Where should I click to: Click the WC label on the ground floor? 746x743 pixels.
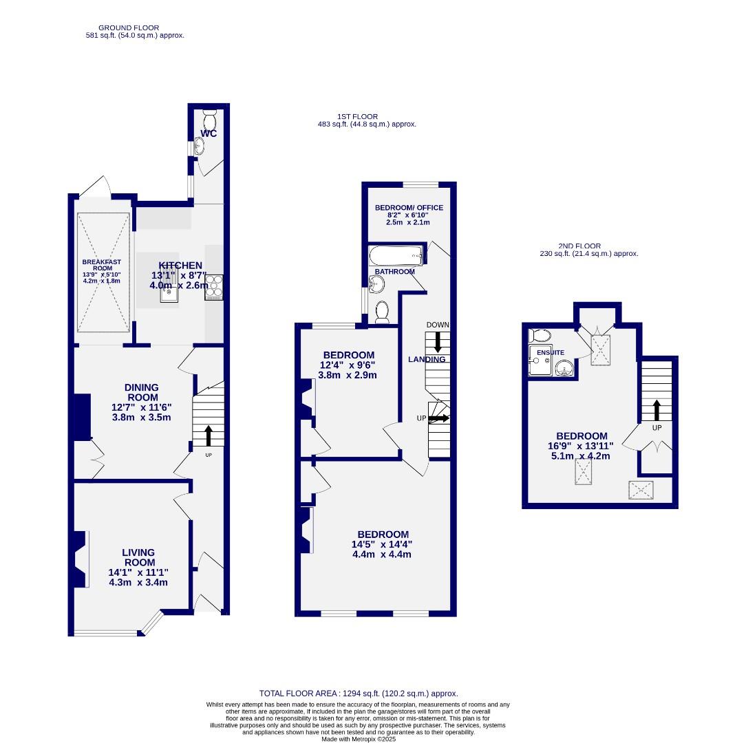click(x=209, y=133)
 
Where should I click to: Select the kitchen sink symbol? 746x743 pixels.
click(x=169, y=294)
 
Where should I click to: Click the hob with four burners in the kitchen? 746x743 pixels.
click(x=214, y=287)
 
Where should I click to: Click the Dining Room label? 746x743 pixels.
click(x=142, y=392)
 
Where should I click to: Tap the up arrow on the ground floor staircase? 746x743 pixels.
click(x=209, y=435)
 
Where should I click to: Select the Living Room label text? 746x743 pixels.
click(x=138, y=557)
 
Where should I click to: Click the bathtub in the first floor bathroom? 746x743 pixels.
click(x=398, y=257)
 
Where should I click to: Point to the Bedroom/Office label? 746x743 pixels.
click(x=409, y=208)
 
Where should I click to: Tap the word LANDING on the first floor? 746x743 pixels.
click(x=427, y=359)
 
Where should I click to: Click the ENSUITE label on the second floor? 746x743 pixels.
click(x=551, y=352)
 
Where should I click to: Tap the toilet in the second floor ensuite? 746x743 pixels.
click(x=540, y=336)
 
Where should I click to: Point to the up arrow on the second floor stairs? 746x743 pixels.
click(x=657, y=410)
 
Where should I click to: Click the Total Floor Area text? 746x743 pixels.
click(x=358, y=693)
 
